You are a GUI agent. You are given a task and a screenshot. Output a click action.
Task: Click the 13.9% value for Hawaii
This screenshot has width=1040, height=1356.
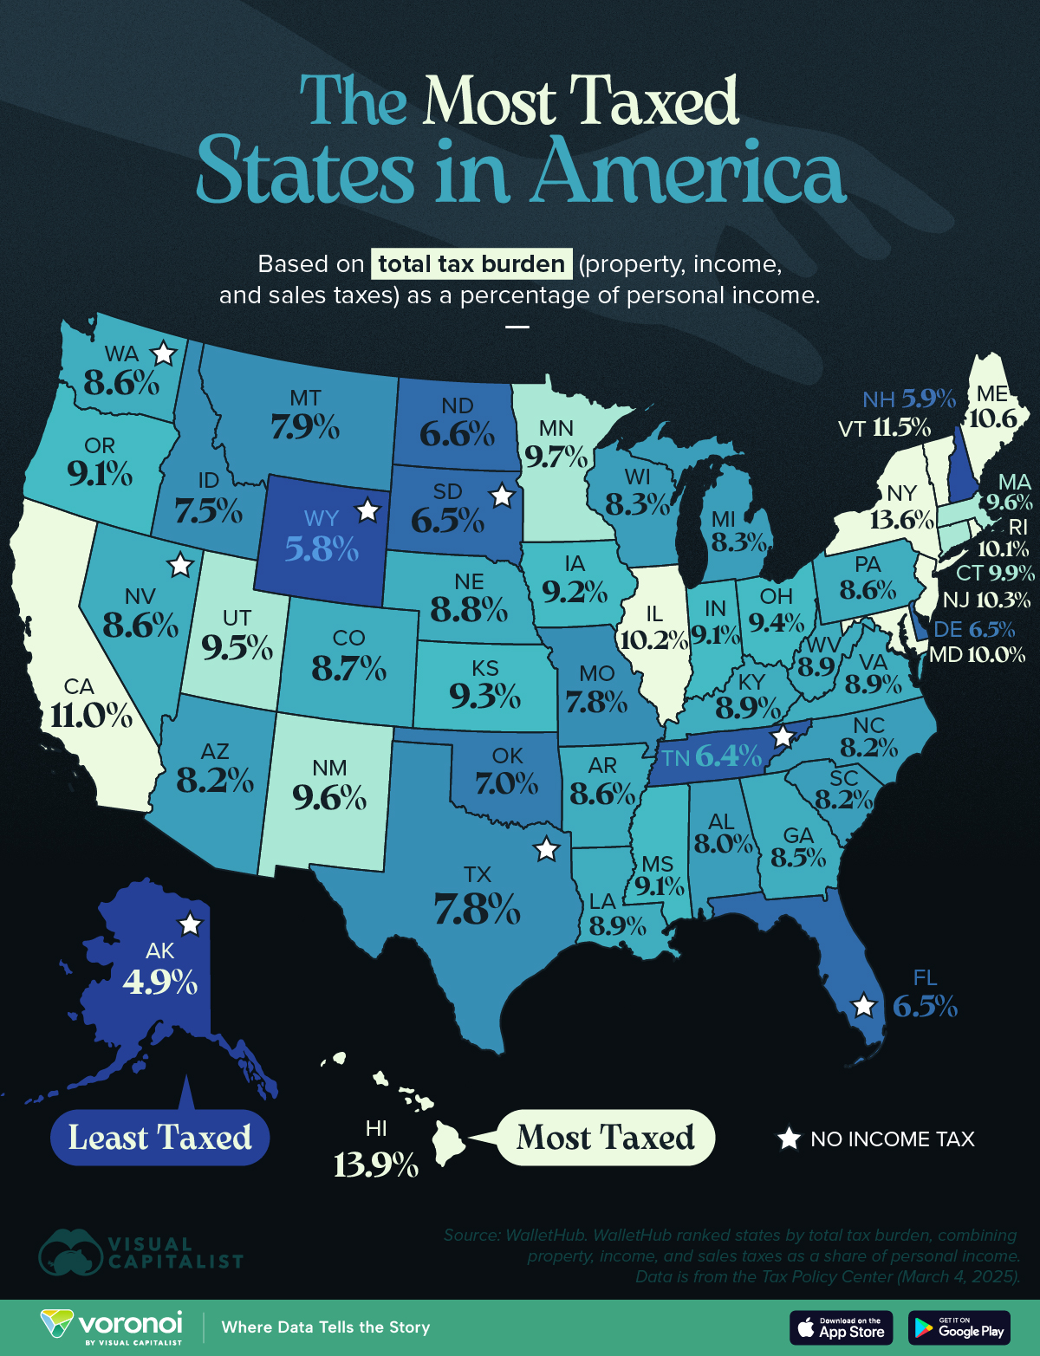[x=376, y=1165]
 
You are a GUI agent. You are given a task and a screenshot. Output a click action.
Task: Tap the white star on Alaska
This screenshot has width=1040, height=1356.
[x=190, y=925]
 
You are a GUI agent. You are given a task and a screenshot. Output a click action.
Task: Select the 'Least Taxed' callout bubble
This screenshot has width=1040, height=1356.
[x=160, y=1138]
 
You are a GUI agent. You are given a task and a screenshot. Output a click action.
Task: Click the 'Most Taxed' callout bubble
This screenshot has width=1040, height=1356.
[x=606, y=1138]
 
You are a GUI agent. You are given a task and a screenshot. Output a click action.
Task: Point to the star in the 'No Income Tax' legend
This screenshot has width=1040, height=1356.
[x=789, y=1139]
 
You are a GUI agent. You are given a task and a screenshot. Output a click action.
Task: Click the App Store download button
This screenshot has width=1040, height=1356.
[x=841, y=1327]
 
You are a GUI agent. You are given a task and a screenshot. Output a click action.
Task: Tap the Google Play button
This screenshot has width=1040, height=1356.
[x=959, y=1327]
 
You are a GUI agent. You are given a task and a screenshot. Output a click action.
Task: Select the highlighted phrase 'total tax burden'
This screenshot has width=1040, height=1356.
[x=471, y=263]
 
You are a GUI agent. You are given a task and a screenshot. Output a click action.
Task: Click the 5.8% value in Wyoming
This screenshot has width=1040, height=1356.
[x=322, y=548]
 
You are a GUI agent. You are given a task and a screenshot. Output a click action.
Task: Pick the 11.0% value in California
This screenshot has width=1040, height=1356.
[x=91, y=716]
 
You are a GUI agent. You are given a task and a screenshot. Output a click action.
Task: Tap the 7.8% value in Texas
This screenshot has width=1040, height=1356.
[x=478, y=908]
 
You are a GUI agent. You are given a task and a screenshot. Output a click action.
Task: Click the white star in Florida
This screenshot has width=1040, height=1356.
[x=863, y=1006]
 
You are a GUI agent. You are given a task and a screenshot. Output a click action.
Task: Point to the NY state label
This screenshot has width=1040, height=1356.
[x=901, y=493]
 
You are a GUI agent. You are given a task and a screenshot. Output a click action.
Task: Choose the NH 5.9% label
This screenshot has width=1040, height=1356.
[x=909, y=399]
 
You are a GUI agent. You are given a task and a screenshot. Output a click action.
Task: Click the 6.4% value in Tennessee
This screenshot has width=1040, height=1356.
[x=728, y=756]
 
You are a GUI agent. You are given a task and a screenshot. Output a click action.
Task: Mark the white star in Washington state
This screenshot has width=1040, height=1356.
[x=163, y=354]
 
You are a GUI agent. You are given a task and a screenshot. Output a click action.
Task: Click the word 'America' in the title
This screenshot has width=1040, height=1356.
[x=688, y=171]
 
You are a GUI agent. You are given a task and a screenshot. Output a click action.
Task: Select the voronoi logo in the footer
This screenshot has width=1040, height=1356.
[x=113, y=1327]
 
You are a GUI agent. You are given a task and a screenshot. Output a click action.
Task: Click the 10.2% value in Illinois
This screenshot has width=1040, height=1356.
[x=653, y=640]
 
